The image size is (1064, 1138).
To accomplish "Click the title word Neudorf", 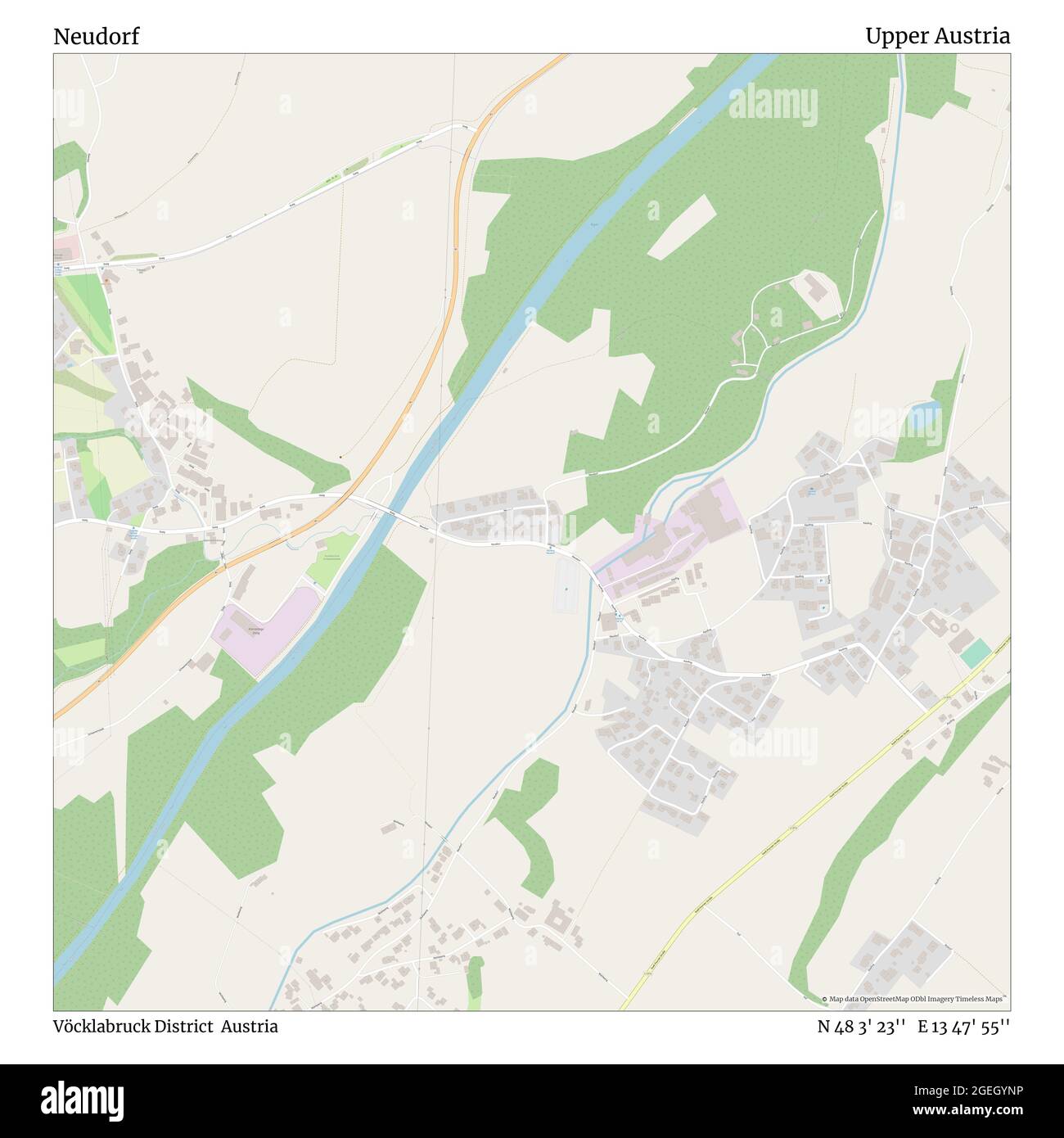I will tap(97, 37).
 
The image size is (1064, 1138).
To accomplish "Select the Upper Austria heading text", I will tap(937, 37).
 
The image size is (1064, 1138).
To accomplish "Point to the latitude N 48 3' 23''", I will tap(861, 1027).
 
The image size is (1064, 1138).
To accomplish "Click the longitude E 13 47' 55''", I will tap(964, 1027).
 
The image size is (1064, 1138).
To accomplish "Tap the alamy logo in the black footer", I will tap(83, 1099).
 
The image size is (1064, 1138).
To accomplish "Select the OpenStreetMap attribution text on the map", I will tap(916, 1000).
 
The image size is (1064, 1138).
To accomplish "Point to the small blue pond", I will tap(920, 410).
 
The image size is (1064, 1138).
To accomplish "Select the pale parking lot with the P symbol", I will tap(566, 589).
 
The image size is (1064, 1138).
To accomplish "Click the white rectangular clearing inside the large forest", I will tap(683, 227).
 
